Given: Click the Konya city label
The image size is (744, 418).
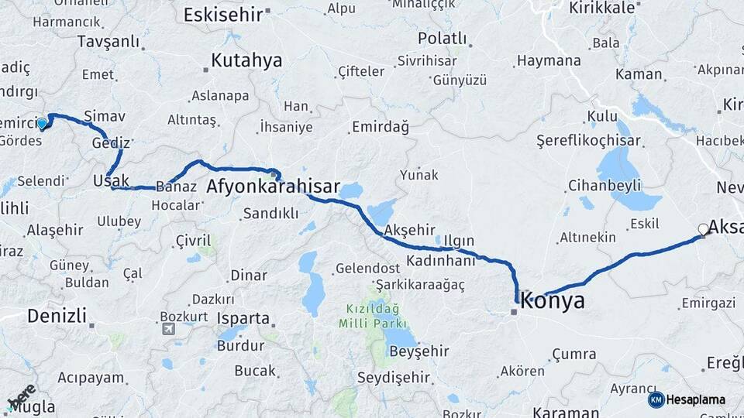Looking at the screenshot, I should point(553,301).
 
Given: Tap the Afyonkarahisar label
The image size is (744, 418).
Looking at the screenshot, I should point(274,187).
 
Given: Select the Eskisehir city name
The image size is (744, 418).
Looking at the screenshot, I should point(221,13).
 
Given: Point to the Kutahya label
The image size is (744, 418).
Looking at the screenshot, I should point(246,61).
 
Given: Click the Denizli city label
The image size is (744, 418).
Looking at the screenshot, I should point(57,315).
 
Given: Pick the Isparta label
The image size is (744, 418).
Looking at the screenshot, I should point(243,318).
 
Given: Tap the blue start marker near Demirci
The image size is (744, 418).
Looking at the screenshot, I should point(42,122).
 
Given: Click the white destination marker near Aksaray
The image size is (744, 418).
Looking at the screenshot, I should point(703,228).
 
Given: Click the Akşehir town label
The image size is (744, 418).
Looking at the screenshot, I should point(410,229).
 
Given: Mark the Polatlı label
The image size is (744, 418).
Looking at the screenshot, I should point(442,38).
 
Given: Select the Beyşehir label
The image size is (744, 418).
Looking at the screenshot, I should point(418,351).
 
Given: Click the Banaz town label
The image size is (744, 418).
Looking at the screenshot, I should point(170,186).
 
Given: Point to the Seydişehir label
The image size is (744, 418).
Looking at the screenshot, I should point(394,377).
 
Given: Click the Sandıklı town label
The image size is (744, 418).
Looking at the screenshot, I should point(270,213).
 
